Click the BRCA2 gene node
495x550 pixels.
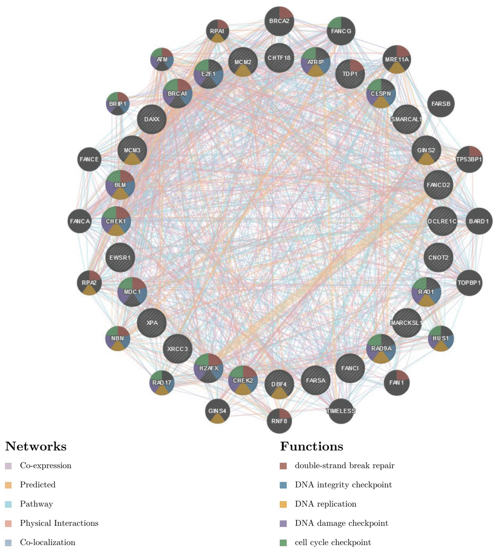[x=279, y=21]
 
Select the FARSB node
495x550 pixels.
[x=441, y=104]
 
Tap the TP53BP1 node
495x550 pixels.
[x=469, y=159]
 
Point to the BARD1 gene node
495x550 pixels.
[x=479, y=221]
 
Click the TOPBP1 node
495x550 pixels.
[x=469, y=283]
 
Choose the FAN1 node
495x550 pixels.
[x=396, y=383]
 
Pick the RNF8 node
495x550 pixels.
[x=280, y=420]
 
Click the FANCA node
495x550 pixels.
[x=80, y=221]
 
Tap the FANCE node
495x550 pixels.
[x=90, y=159]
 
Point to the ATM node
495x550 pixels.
[x=162, y=60]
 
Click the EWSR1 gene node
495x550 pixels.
[x=119, y=257]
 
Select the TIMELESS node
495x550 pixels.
[x=341, y=411]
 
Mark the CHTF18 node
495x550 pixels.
[x=279, y=58]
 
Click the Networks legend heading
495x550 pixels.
[x=35, y=447]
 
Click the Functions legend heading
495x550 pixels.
[x=311, y=447]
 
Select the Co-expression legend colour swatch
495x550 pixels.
[x=8, y=466]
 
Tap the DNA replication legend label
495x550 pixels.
[x=325, y=504]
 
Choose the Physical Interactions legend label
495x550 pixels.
[x=59, y=523]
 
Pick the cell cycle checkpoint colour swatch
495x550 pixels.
[x=283, y=543]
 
